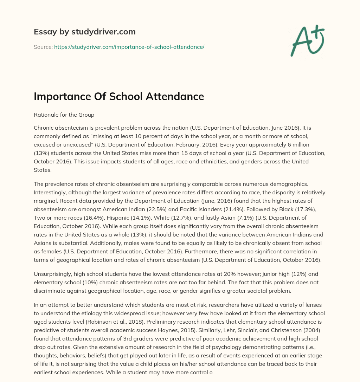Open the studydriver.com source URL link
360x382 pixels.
click(129, 47)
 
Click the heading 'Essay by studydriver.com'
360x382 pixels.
click(84, 32)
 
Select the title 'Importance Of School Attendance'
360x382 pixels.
click(119, 97)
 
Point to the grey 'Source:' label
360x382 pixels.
click(43, 47)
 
